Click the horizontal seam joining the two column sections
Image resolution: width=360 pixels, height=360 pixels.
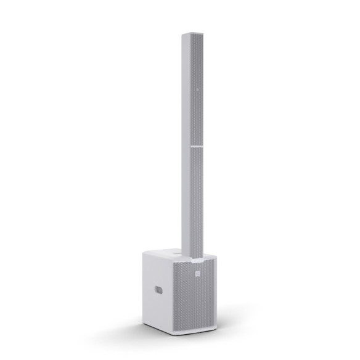[x=196, y=147]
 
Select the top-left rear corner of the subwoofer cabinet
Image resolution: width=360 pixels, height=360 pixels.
[x=143, y=252]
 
